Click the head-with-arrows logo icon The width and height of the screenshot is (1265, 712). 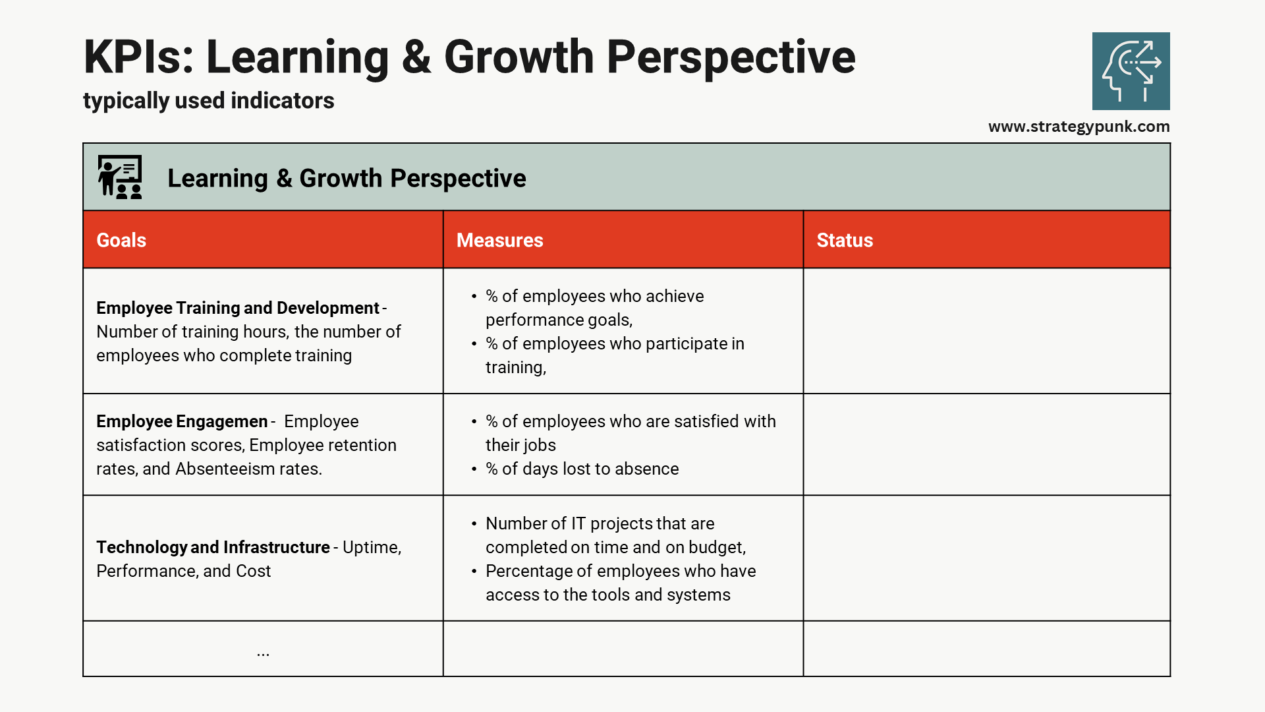coord(1131,71)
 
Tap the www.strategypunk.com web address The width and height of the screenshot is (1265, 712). coord(1079,127)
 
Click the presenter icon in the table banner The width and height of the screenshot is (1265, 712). coord(120,177)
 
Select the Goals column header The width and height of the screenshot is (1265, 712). coord(121,240)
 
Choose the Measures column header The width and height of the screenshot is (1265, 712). coord(499,240)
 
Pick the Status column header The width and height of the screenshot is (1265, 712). coord(844,240)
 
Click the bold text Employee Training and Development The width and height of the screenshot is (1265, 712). coord(237,308)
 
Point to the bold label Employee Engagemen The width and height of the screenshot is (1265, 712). coord(182,421)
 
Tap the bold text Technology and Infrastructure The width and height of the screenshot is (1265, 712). coord(213,547)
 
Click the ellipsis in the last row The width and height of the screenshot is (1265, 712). coord(263,653)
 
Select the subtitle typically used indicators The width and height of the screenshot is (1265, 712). coord(208,101)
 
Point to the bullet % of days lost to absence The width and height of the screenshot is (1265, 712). coord(582,469)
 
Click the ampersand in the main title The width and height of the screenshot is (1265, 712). coord(416,57)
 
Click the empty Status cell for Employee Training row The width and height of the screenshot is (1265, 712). coord(986,331)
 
